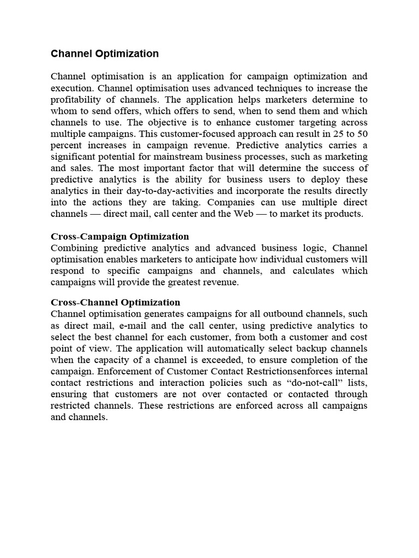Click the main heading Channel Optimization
point(105,53)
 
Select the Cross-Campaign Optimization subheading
point(120,236)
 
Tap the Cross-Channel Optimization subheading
point(115,302)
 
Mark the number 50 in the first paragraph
point(362,134)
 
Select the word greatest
point(188,282)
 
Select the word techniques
point(261,88)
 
